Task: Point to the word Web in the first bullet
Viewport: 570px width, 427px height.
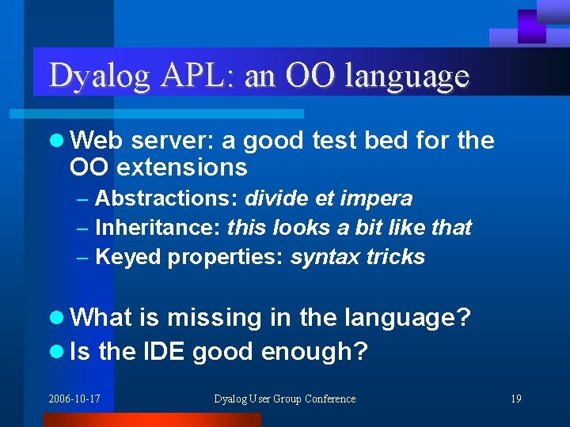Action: click(97, 141)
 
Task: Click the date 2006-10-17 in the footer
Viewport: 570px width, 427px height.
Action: click(74, 399)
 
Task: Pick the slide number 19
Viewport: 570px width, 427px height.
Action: click(515, 399)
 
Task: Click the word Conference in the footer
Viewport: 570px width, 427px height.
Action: click(328, 399)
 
